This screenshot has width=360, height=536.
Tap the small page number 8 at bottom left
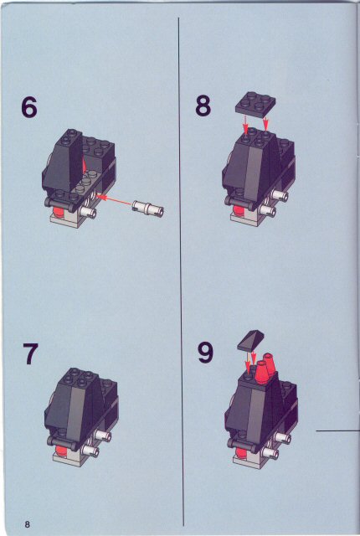[x=28, y=523]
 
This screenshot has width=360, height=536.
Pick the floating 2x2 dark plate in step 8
[x=255, y=101]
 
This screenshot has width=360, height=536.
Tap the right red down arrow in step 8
[x=266, y=124]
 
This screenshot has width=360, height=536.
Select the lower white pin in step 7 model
[x=89, y=452]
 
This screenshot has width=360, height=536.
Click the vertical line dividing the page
[x=180, y=268]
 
